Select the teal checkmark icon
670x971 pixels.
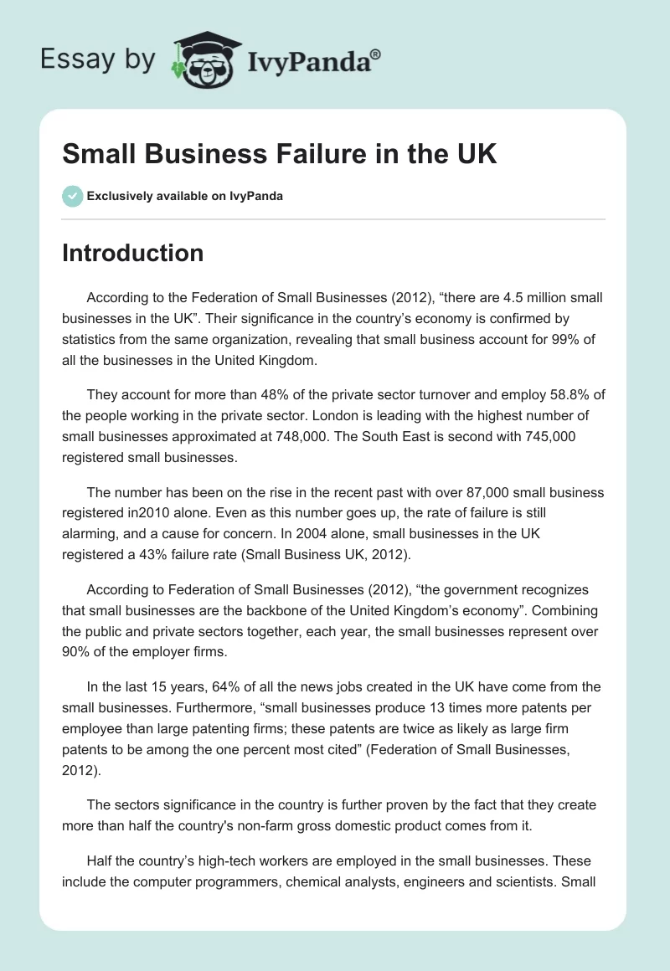tap(72, 196)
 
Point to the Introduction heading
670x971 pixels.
tap(132, 253)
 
